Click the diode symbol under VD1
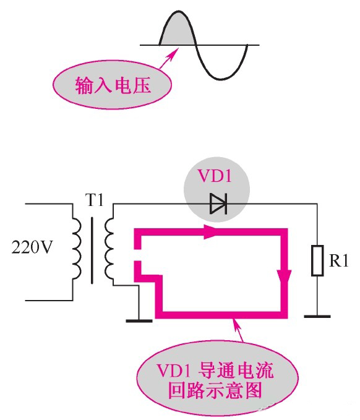click(217, 204)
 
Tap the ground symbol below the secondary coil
click(139, 319)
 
